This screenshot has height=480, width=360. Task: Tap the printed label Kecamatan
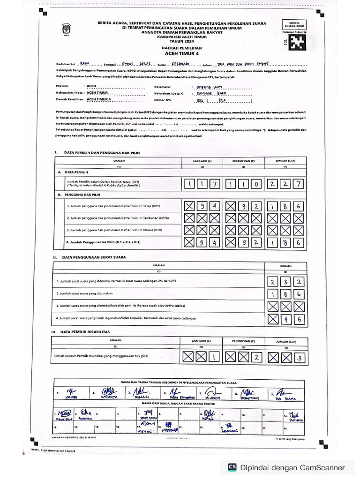tap(164, 87)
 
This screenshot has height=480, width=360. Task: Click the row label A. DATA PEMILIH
tap(73, 172)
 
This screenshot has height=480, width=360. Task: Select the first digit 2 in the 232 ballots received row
tap(273, 282)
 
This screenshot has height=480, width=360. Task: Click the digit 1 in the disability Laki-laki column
tap(214, 357)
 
